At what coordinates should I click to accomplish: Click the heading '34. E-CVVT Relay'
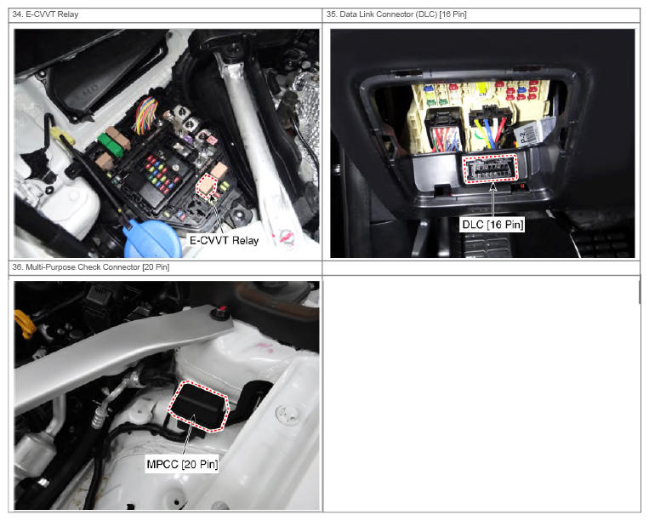click(x=45, y=14)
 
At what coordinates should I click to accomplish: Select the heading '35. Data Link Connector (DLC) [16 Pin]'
click(x=396, y=14)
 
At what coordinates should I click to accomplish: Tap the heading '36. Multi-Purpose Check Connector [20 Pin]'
click(x=91, y=267)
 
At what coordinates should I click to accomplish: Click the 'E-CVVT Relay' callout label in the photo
click(x=224, y=240)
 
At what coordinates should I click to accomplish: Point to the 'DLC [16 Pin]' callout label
click(x=492, y=225)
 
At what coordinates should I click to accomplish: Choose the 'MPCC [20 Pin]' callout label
click(x=182, y=464)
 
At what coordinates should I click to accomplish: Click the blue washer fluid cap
click(x=151, y=239)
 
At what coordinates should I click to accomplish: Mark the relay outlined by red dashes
click(x=207, y=186)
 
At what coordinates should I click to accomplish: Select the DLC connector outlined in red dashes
click(x=491, y=169)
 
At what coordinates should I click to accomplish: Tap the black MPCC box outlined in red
click(x=198, y=405)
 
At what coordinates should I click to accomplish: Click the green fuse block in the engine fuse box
click(x=111, y=145)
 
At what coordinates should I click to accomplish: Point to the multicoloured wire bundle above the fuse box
click(x=146, y=115)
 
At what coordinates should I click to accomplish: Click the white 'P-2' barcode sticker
click(x=528, y=134)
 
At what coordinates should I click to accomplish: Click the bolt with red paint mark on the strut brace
click(x=220, y=312)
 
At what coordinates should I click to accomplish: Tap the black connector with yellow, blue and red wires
click(x=490, y=125)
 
